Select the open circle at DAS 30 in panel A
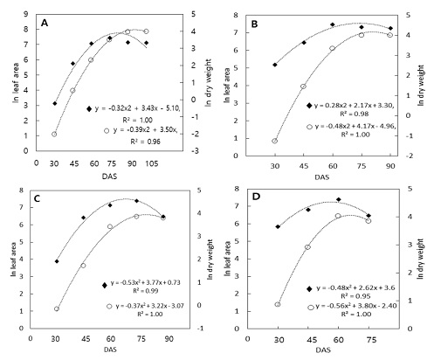click(x=54, y=135)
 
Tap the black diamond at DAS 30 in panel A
click(x=54, y=104)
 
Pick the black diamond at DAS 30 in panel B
click(x=275, y=65)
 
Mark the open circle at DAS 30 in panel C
click(x=57, y=308)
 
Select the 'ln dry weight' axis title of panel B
click(x=425, y=77)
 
